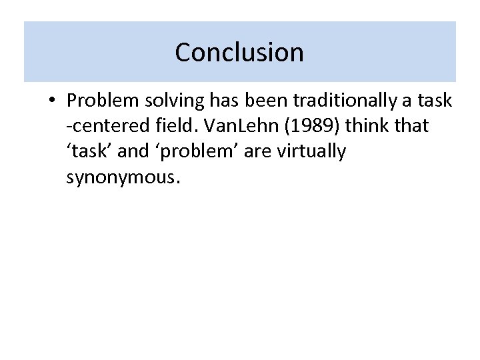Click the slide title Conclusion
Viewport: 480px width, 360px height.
[x=239, y=52]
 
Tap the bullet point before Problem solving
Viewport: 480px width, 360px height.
[x=51, y=101]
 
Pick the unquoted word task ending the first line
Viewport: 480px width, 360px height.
[x=435, y=101]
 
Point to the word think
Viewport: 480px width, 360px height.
[x=370, y=126]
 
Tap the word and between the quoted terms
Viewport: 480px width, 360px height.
[x=133, y=151]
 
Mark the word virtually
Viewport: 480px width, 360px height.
[x=313, y=152]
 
